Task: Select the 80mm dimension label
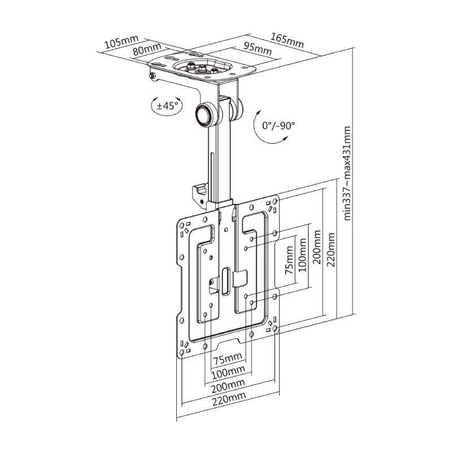coord(145,50)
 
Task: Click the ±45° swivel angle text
coord(167,105)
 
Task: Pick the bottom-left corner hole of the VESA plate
coord(184,344)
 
